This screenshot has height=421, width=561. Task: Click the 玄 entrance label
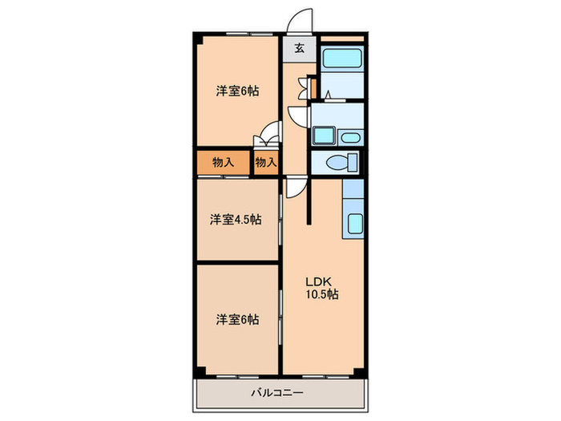point(300,48)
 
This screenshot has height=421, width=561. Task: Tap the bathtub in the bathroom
point(342,58)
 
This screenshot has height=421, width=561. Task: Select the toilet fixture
point(342,162)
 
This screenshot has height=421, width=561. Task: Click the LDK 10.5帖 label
point(321,288)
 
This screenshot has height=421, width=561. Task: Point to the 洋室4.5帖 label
point(236,220)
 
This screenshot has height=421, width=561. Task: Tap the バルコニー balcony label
point(277,393)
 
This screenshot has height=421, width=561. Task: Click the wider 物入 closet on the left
point(224,163)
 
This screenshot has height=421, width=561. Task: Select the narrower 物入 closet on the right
point(266,163)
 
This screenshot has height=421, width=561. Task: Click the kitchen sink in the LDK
point(355,224)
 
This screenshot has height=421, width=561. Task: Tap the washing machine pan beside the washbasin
point(324,136)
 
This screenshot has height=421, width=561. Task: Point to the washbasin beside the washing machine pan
point(350,138)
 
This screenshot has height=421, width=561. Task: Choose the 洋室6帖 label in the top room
point(237,91)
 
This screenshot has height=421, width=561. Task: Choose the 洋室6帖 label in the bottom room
point(237,320)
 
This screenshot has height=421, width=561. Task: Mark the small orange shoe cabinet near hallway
point(313,88)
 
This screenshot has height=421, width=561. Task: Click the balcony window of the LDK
point(325,377)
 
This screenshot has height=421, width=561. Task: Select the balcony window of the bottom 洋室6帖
point(238,377)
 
